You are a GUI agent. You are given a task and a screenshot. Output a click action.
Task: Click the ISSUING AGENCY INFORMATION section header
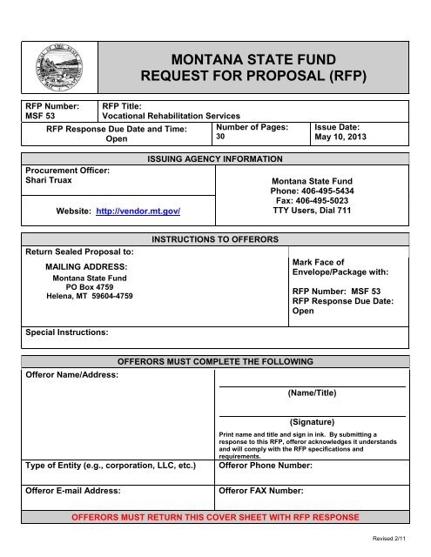click(215, 159)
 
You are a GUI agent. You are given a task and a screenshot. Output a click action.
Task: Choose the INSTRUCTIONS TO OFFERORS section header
click(215, 238)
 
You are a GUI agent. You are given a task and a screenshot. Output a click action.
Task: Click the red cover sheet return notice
click(214, 517)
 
